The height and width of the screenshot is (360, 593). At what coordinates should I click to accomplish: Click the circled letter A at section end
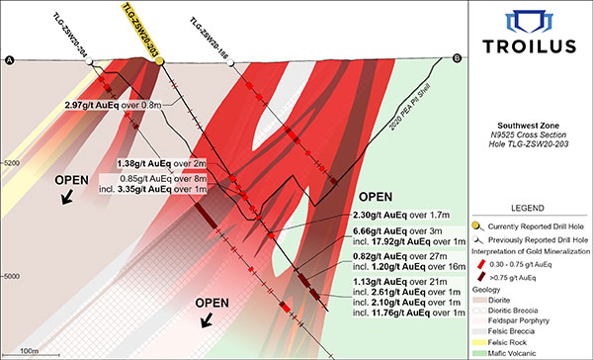click(x=11, y=61)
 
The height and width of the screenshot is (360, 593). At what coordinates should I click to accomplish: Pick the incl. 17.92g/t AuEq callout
click(x=392, y=240)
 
